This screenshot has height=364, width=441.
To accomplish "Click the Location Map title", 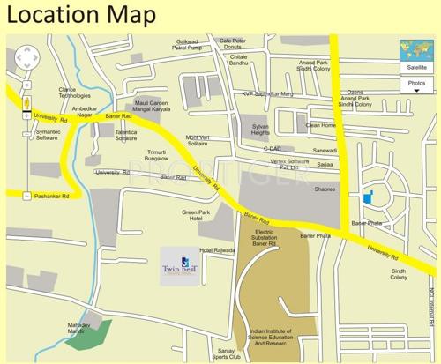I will pyautogui.click(x=81, y=15).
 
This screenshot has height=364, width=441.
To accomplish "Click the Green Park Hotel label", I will pyautogui.click(x=195, y=215).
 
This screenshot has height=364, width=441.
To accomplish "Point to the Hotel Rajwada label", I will pyautogui.click(x=217, y=250).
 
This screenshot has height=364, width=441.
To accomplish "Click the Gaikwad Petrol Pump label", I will pyautogui.click(x=187, y=45).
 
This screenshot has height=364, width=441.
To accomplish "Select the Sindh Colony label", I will pyautogui.click(x=399, y=274).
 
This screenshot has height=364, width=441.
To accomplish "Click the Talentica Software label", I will pyautogui.click(x=126, y=134).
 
